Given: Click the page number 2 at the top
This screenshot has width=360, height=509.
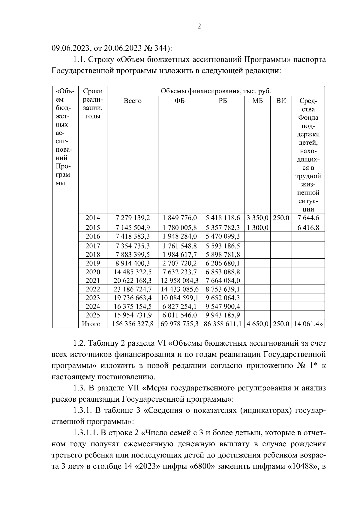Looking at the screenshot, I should point(199,26).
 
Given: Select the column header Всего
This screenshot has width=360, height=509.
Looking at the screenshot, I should point(132,101).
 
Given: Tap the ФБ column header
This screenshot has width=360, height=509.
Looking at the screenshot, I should point(179,101).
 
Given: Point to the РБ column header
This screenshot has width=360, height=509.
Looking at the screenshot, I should point(223,101).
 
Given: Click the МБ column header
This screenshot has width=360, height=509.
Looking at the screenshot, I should point(257,101).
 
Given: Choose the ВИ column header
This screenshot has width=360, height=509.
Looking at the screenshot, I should point(281,101).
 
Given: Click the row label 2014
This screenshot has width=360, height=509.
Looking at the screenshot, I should point(93,218).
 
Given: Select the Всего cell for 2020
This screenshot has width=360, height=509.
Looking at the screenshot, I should point(132,272).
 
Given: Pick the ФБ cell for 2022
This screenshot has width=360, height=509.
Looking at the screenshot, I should point(179,290).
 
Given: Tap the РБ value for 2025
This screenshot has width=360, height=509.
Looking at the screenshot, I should point(223,315).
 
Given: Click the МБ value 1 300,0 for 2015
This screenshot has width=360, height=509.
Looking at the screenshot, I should point(257,228).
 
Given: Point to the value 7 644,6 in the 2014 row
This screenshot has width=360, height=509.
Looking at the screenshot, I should point(308,218).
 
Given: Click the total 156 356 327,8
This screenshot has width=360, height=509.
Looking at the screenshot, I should point(132,324).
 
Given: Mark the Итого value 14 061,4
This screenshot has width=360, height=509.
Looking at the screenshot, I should point(307,324).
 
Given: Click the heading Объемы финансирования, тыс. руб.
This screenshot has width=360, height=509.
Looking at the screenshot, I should point(216,91).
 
